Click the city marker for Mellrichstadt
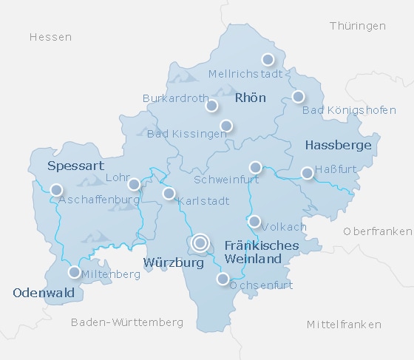tap(268, 59)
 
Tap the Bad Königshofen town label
tap(334, 111)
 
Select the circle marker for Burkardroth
tap(211, 106)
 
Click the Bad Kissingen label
tap(186, 134)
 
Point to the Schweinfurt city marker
tap(256, 167)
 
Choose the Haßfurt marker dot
tap(308, 173)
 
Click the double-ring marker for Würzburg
tap(200, 242)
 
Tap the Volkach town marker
tap(254, 221)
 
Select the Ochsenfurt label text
tap(262, 285)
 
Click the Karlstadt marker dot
tap(169, 194)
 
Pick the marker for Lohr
tap(134, 184)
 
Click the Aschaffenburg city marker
tap(56, 190)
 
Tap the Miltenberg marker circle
tap(75, 272)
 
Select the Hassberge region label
tap(338, 146)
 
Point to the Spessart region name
tap(75, 166)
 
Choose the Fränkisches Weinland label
tap(252, 252)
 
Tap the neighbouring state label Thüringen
tap(358, 26)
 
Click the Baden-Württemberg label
tap(127, 322)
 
